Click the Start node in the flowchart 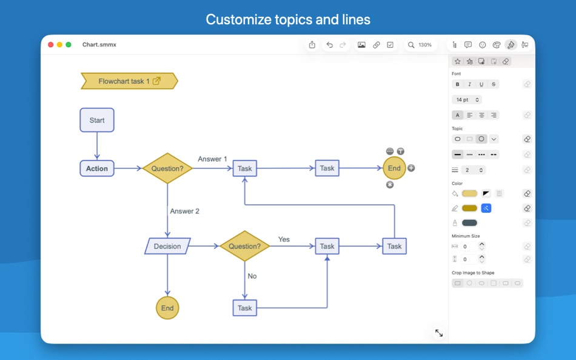(x=97, y=120)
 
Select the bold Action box (x=97, y=168)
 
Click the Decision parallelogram (x=167, y=246)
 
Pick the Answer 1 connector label (x=212, y=159)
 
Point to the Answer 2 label (x=184, y=211)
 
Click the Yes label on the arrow (x=284, y=239)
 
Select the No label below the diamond (x=252, y=276)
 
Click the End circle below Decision (x=167, y=308)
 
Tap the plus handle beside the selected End (x=411, y=168)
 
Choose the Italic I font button (x=469, y=84)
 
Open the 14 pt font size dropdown (x=467, y=99)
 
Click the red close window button (x=51, y=45)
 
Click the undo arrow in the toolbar (x=329, y=45)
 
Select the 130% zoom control (x=420, y=45)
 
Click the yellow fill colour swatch (x=469, y=193)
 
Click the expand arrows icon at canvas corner (x=438, y=333)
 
